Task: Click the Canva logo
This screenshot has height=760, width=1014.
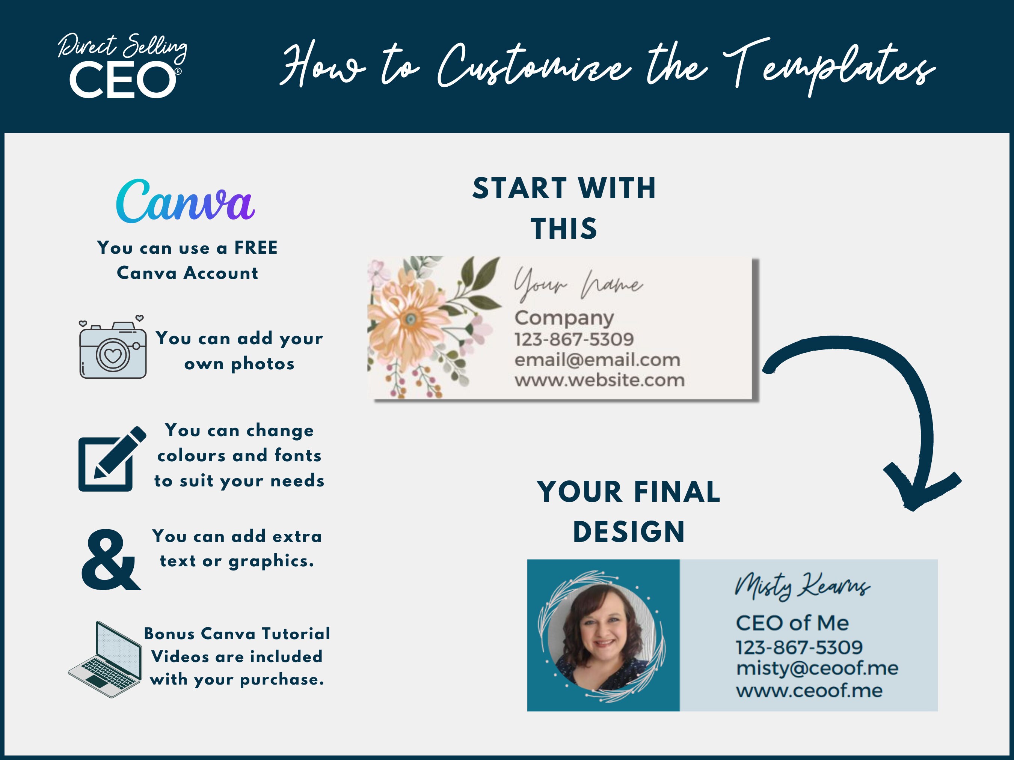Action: click(x=185, y=202)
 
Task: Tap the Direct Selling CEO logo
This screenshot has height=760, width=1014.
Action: click(x=122, y=66)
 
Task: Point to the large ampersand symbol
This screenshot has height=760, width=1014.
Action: click(x=110, y=560)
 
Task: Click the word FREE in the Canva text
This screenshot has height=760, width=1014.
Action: click(x=256, y=248)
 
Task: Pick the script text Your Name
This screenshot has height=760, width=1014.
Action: click(x=578, y=284)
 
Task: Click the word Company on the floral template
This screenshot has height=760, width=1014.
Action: click(x=564, y=318)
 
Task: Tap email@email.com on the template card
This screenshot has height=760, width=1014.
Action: click(x=597, y=360)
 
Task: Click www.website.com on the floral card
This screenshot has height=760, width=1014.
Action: click(x=599, y=380)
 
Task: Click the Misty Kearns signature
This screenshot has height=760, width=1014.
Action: click(x=802, y=586)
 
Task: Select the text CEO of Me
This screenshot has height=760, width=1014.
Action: click(x=792, y=623)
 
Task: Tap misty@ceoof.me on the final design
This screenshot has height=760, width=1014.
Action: click(x=817, y=668)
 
